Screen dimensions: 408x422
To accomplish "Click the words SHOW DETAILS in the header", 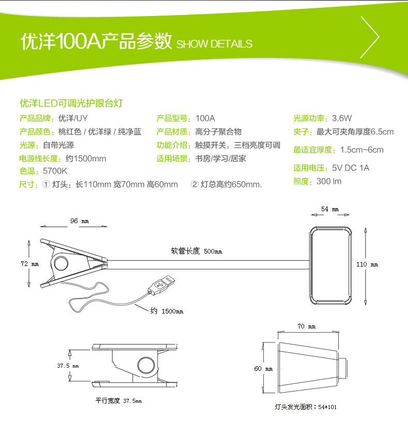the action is click(214, 44).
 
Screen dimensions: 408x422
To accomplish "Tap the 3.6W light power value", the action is click(342, 118).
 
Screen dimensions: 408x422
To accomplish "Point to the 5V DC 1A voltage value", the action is click(351, 168).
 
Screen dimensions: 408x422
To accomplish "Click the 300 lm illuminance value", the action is click(329, 181).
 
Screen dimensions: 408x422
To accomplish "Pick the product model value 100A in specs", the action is click(205, 118).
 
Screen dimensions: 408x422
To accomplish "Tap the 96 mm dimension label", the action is click(79, 221).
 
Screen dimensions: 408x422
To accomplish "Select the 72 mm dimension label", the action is click(29, 264).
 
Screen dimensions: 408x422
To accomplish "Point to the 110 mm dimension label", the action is click(367, 264).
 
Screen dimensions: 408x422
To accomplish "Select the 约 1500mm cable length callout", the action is click(166, 311).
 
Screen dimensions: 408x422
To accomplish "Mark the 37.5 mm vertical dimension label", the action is click(67, 366).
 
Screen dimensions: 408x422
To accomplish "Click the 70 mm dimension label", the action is click(307, 327).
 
